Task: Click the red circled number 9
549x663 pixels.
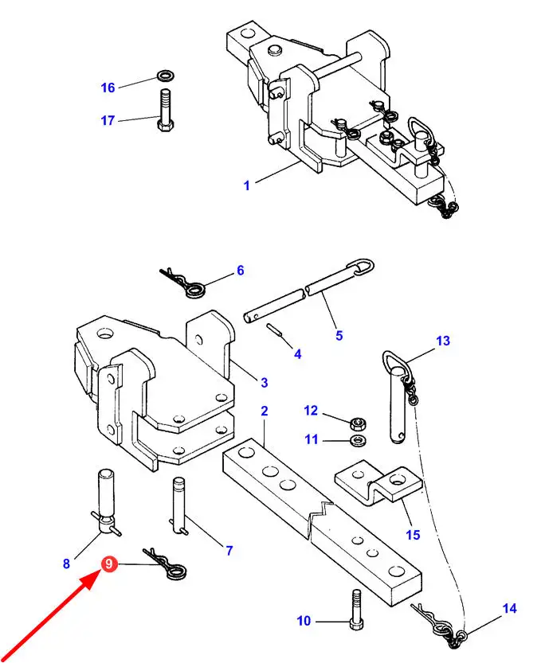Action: [x=109, y=564]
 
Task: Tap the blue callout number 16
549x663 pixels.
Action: [x=108, y=88]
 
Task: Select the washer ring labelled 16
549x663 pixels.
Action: [x=165, y=76]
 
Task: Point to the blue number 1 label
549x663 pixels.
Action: [x=247, y=185]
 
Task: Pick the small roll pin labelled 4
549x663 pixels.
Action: [x=274, y=330]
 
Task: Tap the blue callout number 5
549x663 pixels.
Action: [x=339, y=336]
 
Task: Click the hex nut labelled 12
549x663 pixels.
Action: [x=359, y=423]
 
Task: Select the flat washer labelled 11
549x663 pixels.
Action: [x=359, y=440]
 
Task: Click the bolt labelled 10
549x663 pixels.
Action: [x=357, y=609]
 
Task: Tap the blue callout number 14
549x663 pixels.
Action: [x=510, y=608]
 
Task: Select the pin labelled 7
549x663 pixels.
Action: [x=180, y=505]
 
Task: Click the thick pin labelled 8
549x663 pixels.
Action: [x=106, y=502]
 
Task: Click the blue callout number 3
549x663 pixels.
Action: [x=265, y=383]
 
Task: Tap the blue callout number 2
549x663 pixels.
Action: [x=265, y=411]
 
